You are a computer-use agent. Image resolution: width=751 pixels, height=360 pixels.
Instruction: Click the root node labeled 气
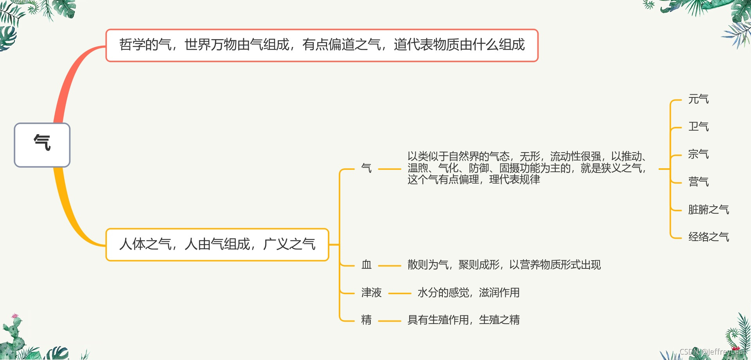[x=42, y=145]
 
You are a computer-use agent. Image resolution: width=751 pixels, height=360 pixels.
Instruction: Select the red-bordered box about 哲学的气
[x=322, y=45]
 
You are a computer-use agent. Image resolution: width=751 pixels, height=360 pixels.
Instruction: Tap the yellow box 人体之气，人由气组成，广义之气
[x=217, y=245]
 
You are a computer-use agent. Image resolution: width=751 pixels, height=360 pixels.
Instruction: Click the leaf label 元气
[x=698, y=99]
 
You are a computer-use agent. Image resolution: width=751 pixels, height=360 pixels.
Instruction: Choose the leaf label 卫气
[x=698, y=127]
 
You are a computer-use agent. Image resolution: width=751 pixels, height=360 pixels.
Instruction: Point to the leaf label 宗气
[x=698, y=154]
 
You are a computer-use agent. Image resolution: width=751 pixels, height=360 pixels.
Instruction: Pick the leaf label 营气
[x=698, y=182]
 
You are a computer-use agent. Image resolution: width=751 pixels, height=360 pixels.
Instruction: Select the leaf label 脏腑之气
[x=708, y=210]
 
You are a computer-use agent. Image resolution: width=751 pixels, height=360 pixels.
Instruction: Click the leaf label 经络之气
[x=708, y=237]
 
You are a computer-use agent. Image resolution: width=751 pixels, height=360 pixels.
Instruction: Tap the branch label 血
[x=367, y=265]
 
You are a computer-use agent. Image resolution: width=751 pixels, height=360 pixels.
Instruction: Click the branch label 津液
[x=371, y=293]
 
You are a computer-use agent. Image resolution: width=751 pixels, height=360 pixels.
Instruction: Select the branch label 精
[x=367, y=320]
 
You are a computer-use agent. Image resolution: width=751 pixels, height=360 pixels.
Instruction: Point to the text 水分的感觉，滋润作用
[x=468, y=293]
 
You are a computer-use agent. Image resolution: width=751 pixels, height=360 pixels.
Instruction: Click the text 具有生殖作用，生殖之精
[x=464, y=320]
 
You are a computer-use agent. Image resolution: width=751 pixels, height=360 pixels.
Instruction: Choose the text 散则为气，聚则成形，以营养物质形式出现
[x=504, y=265]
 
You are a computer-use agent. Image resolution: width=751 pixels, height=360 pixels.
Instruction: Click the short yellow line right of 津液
[x=399, y=293]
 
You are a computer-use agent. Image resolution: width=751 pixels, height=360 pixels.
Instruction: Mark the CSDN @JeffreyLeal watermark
[x=712, y=352]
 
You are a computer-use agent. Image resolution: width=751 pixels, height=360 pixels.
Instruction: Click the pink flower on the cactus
[x=15, y=316]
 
